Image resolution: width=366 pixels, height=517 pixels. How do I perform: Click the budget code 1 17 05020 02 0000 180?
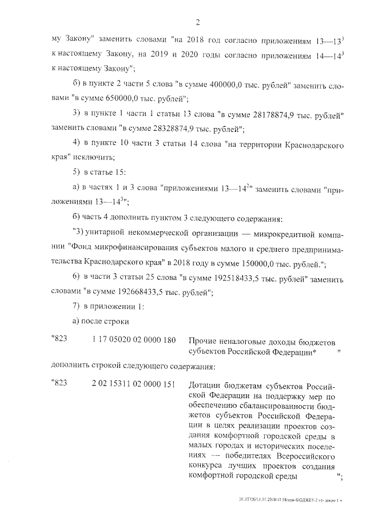point(133,340)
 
